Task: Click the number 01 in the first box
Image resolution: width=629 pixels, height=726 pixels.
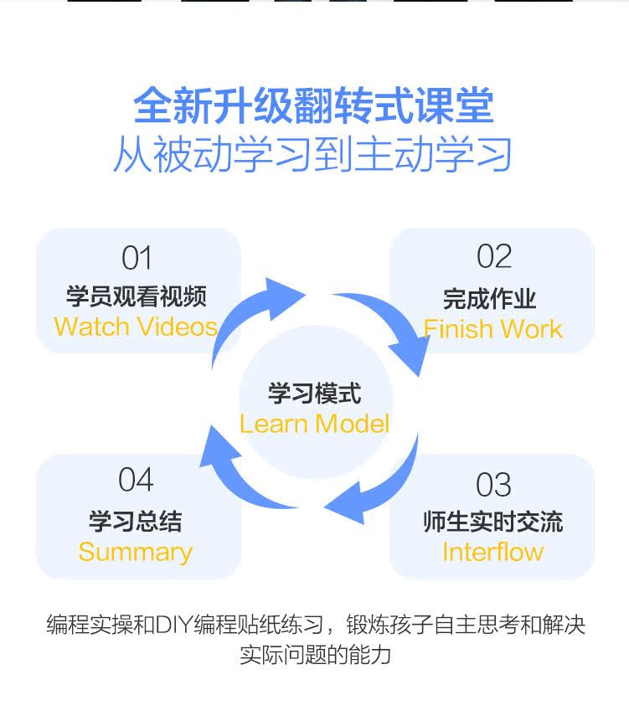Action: [x=137, y=258]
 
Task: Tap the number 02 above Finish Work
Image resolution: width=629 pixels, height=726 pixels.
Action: [x=494, y=257]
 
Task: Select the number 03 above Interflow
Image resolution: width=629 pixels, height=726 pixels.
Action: [x=493, y=485]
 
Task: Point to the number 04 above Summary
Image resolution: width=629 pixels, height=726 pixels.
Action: [x=136, y=480]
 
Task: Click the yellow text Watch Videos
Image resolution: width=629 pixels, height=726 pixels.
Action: [x=136, y=327]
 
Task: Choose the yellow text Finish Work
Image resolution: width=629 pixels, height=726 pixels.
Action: [x=492, y=329]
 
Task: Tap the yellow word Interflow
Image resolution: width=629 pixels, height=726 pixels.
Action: [x=492, y=552]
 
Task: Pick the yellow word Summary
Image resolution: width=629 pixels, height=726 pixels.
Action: [x=136, y=552]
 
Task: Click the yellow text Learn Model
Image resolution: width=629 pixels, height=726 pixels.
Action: [x=314, y=424]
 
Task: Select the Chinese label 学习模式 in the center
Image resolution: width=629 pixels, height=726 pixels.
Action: [x=314, y=394]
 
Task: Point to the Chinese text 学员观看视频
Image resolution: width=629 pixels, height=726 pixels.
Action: [x=137, y=296]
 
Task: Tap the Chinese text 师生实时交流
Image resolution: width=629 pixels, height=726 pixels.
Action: [x=492, y=523]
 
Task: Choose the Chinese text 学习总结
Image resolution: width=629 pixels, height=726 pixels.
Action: [x=136, y=521]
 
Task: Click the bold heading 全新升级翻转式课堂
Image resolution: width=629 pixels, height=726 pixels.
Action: [x=314, y=106]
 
